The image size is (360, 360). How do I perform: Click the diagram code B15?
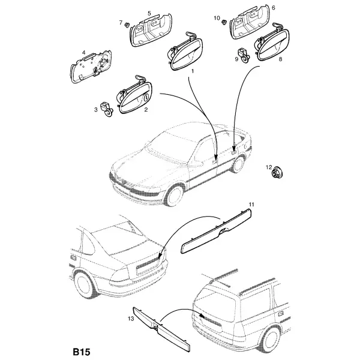coord(82,352)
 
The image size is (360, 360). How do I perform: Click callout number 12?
coord(269,167)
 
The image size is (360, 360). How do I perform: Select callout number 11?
coord(251,204)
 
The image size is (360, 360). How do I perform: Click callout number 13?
coord(131,319)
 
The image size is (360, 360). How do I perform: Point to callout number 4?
coord(83,53)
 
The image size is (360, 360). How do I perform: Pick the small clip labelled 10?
coord(224,22)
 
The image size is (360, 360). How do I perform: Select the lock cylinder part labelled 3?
coord(107,110)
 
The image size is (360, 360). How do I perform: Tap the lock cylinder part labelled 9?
coord(245,55)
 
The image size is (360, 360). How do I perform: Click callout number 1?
coord(193,71)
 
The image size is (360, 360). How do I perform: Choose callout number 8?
coord(280,59)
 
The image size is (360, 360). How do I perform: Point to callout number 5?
coord(149,13)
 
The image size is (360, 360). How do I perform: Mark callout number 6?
coord(273,8)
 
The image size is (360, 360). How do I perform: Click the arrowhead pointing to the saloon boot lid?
coord(161,254)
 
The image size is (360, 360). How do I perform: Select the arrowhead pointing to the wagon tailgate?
coord(202,316)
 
